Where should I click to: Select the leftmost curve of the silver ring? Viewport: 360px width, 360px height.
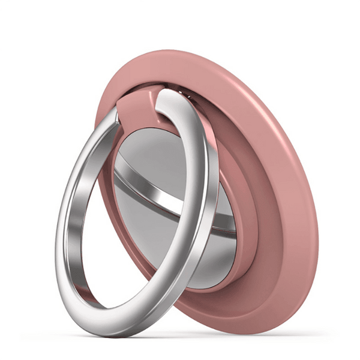tap(60, 240)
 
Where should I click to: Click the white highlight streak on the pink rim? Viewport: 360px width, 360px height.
tap(264, 90)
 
